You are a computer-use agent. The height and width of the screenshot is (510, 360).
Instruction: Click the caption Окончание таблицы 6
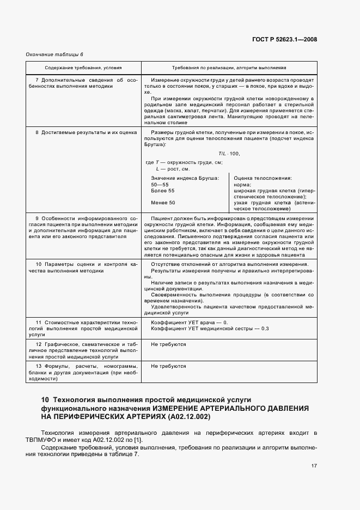(x=54, y=54)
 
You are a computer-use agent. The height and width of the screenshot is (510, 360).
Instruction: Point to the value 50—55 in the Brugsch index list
(x=160, y=185)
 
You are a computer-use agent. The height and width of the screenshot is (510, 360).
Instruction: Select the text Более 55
(x=163, y=191)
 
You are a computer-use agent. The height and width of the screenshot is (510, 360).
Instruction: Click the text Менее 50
(x=163, y=203)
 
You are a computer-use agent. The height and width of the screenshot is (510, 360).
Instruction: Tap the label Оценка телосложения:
(x=263, y=178)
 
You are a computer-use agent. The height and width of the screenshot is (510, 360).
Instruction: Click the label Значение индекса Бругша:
(x=185, y=178)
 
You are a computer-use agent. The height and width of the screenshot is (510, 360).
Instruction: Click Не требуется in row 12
(x=168, y=344)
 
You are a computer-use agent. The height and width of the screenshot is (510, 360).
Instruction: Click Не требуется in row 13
(x=168, y=366)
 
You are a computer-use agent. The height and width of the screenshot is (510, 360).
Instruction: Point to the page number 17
(x=314, y=466)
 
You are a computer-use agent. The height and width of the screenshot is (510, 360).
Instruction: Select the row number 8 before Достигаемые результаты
(x=37, y=133)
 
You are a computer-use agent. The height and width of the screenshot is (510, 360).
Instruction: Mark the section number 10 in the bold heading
(x=45, y=399)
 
